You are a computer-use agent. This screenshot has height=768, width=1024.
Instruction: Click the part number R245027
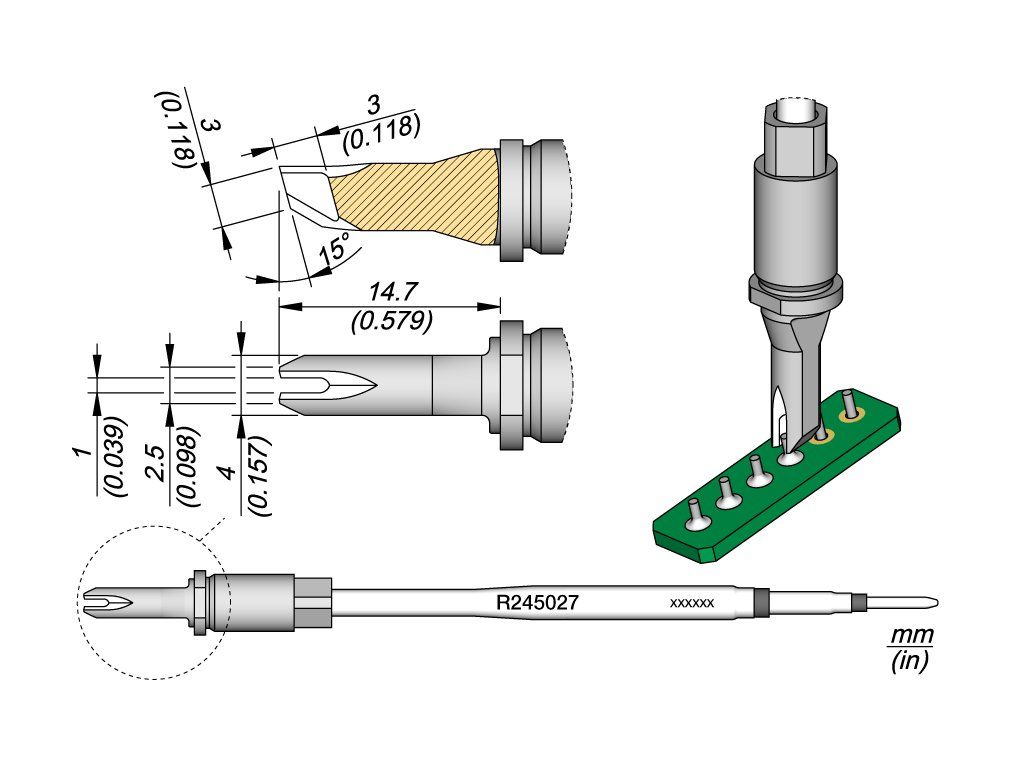click(x=537, y=602)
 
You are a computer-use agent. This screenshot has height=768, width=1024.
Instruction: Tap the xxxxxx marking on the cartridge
click(x=692, y=603)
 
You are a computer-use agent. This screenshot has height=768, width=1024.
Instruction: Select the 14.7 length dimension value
click(x=393, y=292)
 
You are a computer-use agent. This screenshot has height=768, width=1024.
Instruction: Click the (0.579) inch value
click(x=392, y=321)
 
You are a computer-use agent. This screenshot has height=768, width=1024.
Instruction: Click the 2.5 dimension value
click(x=155, y=462)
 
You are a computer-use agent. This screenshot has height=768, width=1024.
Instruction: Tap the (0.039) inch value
click(x=116, y=456)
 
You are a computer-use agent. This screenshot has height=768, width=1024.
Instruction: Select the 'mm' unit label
click(x=912, y=634)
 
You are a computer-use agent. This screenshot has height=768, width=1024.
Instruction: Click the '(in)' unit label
click(x=910, y=661)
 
